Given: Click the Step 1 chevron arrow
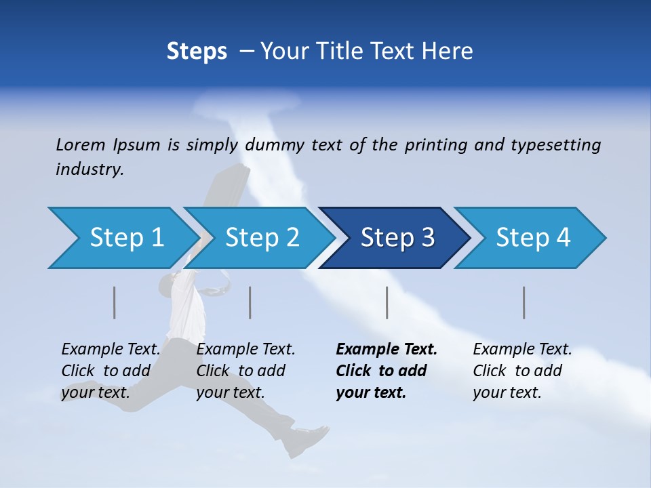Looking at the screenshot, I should point(122,238).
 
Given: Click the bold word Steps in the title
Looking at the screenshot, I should point(197,52).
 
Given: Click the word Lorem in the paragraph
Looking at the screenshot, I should point(80,145).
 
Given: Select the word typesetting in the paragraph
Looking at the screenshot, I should point(555,145).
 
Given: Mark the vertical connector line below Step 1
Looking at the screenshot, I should point(115,302).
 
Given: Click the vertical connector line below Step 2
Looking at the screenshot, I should point(250,302).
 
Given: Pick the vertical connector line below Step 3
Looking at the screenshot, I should point(387,302).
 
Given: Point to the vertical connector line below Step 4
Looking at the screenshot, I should point(524,302).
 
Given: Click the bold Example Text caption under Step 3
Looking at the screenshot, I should point(387,371).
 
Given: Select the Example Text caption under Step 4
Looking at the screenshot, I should point(522,371).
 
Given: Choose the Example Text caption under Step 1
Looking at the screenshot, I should point(111,371).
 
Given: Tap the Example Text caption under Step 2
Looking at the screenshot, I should point(245,371).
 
